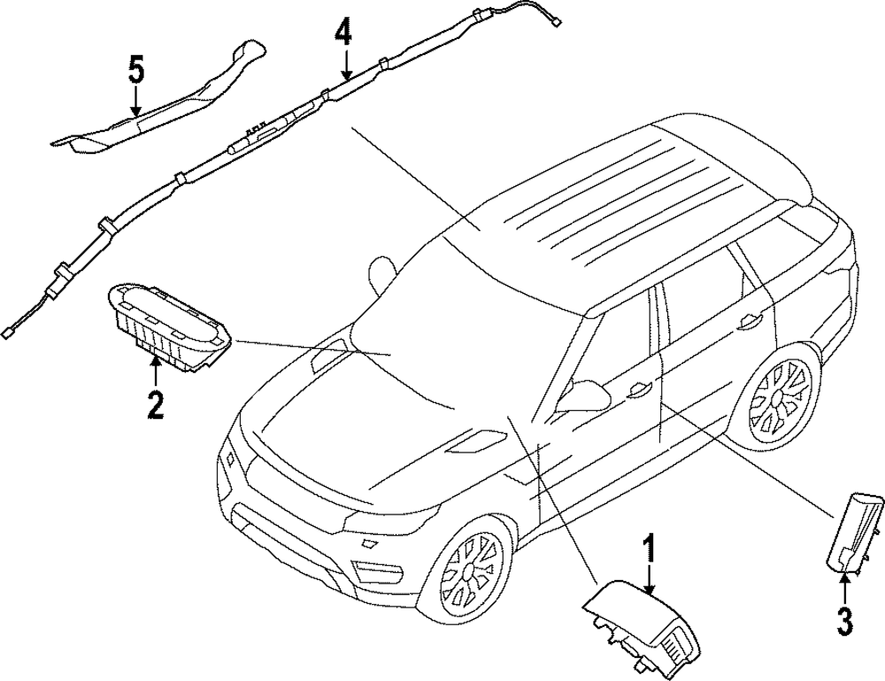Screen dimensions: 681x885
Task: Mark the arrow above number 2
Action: pyautogui.click(x=156, y=373)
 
